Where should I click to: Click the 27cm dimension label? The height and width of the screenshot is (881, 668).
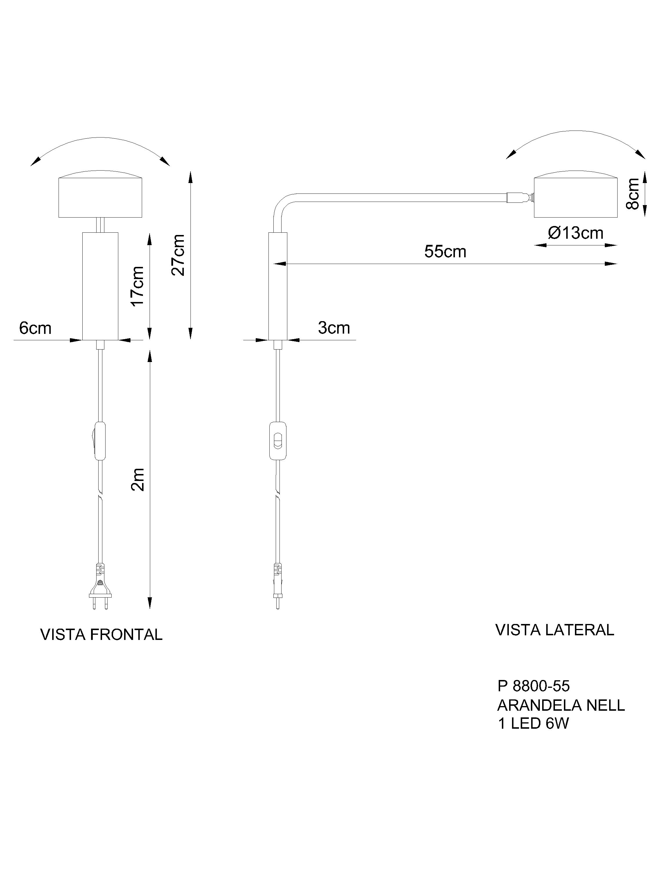178,255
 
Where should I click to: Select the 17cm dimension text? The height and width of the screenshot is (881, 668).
137,286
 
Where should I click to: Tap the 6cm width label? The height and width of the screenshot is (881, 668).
35,328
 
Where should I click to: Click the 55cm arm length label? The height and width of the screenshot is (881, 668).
445,252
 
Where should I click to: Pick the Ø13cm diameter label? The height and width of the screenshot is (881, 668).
575,233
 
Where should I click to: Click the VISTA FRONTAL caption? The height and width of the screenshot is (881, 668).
101,634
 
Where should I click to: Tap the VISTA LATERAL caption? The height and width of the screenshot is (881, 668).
555,630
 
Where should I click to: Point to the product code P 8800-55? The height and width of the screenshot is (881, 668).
533,686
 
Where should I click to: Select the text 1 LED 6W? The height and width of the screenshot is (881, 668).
533,723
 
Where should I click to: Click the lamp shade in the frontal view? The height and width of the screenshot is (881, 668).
100,197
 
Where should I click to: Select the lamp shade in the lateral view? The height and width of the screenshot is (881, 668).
575,197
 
